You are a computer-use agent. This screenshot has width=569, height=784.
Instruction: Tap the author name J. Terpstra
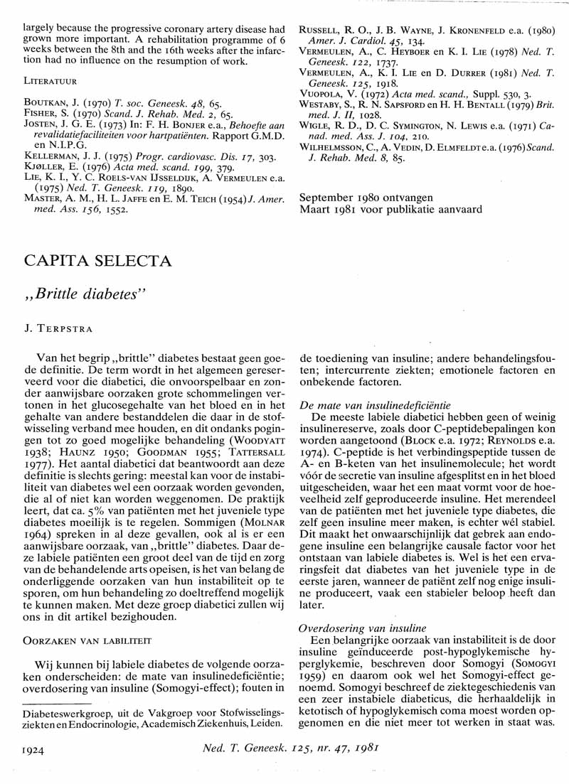coord(55,330)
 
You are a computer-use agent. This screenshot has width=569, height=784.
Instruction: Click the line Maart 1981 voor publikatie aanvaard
coord(390,210)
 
